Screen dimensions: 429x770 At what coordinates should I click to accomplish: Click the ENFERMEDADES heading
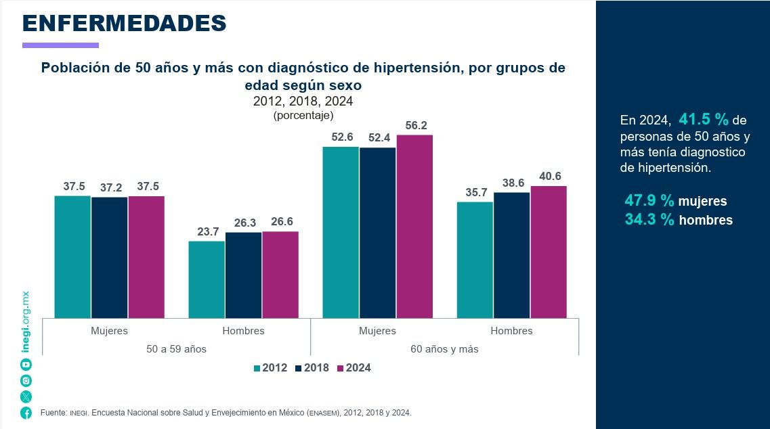coord(124,23)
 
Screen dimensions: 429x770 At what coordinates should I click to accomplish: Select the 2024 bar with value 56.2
coord(414,226)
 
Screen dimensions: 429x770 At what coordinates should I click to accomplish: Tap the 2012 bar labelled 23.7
coord(207,279)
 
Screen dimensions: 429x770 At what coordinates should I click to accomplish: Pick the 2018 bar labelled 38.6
coord(511,254)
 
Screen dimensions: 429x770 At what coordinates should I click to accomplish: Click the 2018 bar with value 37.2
coord(109,257)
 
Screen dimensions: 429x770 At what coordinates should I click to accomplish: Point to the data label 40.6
coord(549,177)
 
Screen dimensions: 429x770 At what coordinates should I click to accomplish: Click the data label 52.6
coord(342,137)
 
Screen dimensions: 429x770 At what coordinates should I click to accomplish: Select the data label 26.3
coord(243,223)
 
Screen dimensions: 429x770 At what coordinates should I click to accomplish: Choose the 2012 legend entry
coord(270,368)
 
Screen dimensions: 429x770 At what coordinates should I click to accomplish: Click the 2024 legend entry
coord(354,368)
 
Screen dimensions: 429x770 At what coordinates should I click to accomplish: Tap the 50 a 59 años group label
coord(176,349)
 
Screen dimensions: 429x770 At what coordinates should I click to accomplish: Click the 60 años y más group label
coord(444,349)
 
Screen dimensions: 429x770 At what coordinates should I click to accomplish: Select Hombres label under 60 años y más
coord(511,331)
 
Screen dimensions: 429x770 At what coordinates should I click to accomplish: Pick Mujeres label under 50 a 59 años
coord(109,331)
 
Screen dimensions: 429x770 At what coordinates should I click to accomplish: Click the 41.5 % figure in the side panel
coord(704,120)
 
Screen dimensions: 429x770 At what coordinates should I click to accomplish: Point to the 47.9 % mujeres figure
coord(675,201)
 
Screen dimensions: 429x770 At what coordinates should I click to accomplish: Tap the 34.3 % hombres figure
coord(678,220)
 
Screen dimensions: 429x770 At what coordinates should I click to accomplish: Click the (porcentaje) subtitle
coord(303,116)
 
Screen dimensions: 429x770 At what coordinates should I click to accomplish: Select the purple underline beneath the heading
coord(60,45)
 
